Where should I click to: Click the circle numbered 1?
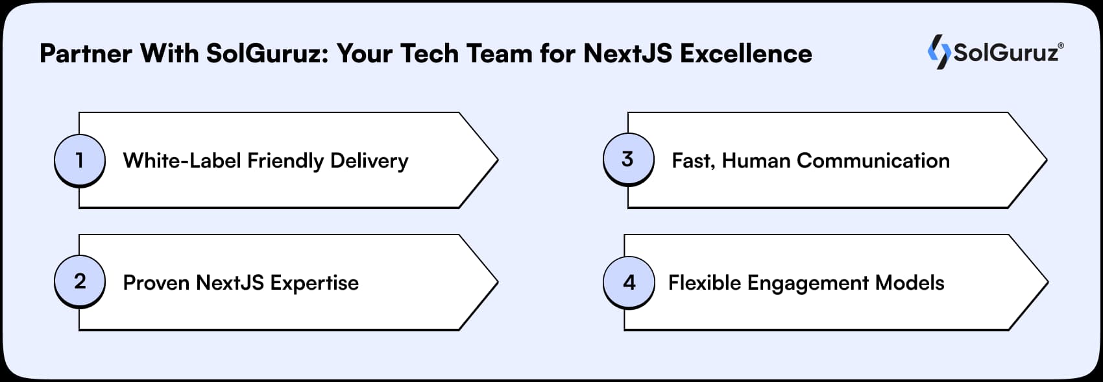point(79,160)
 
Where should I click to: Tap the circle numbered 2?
point(79,281)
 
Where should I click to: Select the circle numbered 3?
point(627,159)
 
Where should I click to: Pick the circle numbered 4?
point(629,283)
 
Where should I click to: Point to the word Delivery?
point(369,160)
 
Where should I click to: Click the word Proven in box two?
point(156,283)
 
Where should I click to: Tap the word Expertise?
point(314,283)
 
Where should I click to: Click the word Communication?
point(873,160)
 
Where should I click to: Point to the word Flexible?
point(705,283)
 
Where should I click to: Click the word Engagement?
point(808,283)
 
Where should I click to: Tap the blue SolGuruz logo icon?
point(938,52)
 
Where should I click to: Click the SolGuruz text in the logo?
point(1006,53)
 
